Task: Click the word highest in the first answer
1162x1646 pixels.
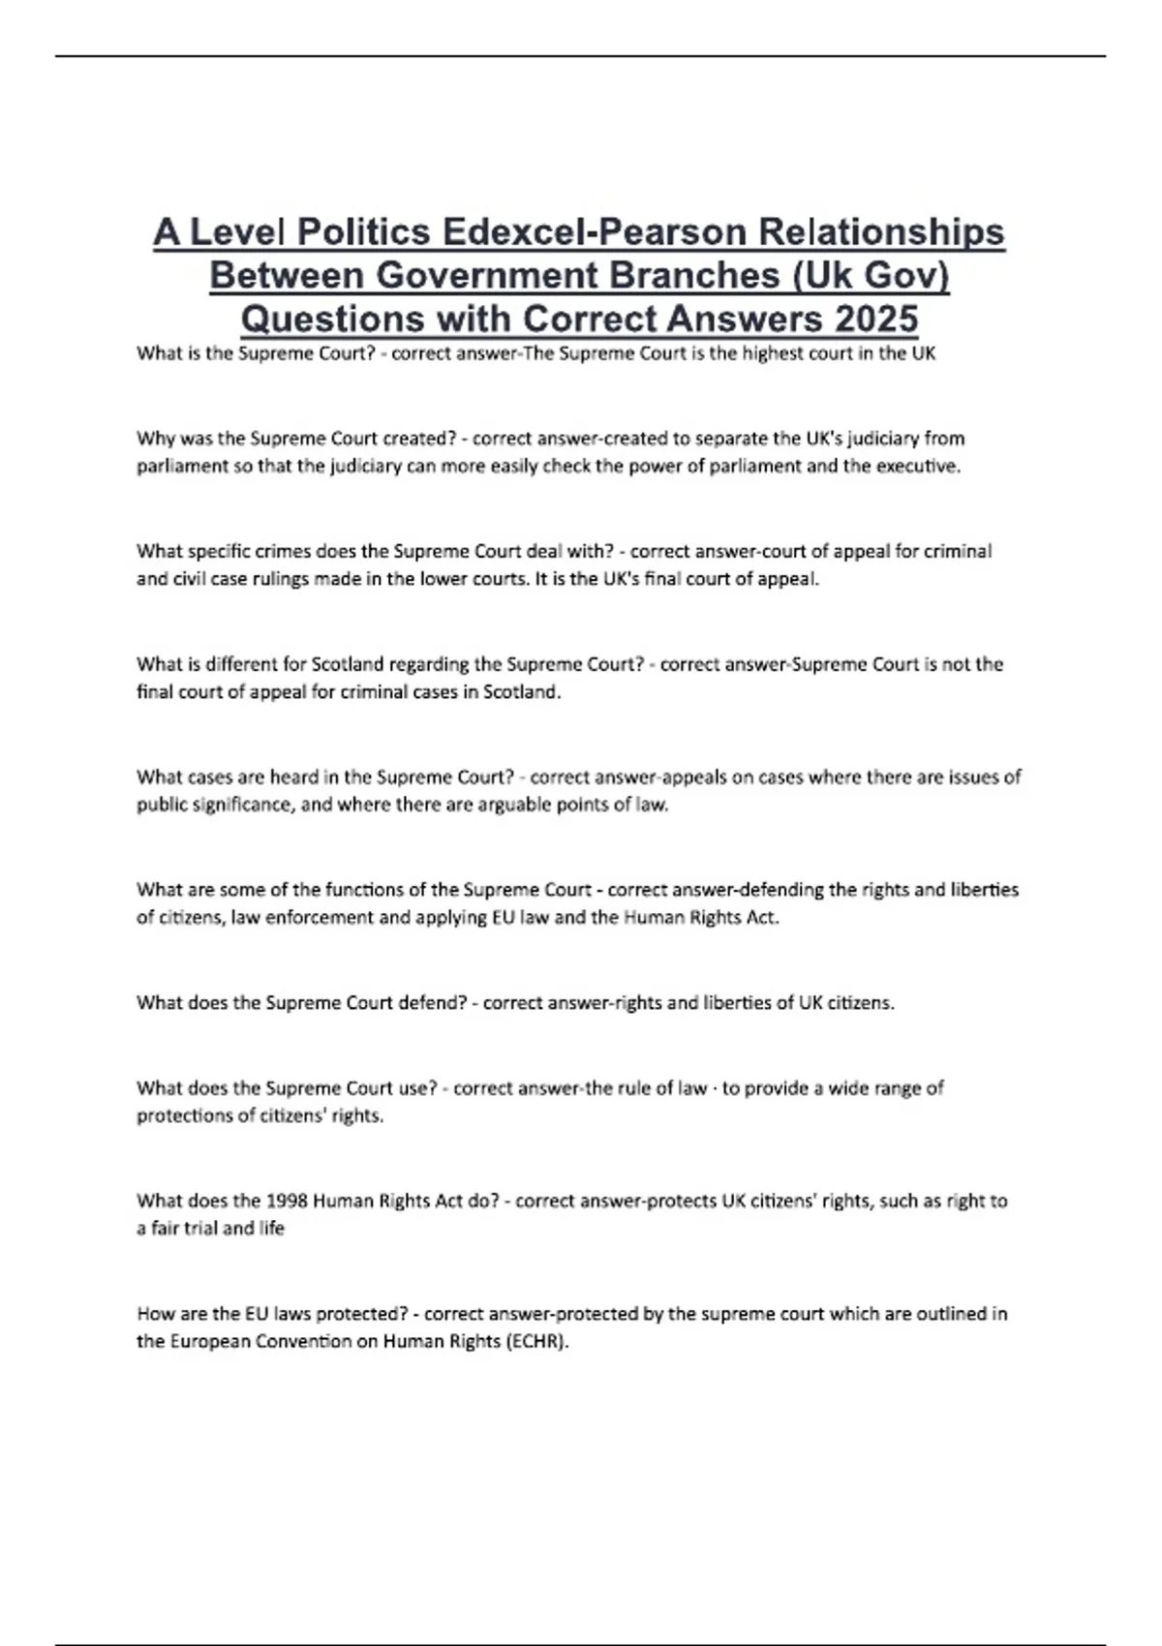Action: coord(774,353)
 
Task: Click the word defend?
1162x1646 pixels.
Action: coord(433,1003)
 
